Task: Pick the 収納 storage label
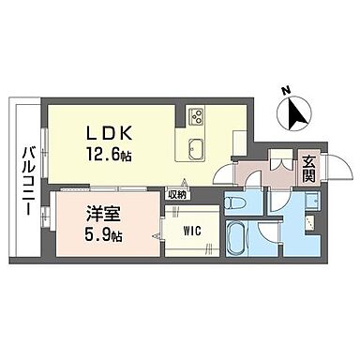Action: coord(176,195)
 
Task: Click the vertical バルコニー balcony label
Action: coord(28,181)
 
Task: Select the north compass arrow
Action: coord(299,114)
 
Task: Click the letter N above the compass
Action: coord(286,92)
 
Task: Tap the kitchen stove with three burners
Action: coord(200,117)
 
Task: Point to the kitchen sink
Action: coord(200,148)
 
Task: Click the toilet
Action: coord(239,204)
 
